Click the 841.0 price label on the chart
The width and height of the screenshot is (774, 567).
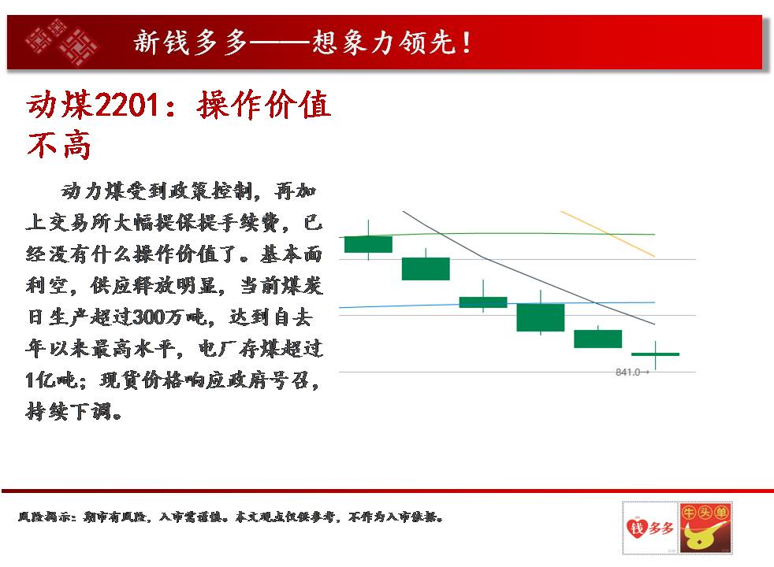pyautogui.click(x=627, y=372)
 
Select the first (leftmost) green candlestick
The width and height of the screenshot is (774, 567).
pyautogui.click(x=368, y=244)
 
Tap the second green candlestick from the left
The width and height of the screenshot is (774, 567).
pyautogui.click(x=426, y=269)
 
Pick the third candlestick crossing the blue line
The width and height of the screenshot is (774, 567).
pyautogui.click(x=483, y=302)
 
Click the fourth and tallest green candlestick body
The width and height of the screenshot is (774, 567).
pyautogui.click(x=541, y=317)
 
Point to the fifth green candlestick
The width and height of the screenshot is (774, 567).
pyautogui.click(x=597, y=339)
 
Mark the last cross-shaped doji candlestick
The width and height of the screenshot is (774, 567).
pyautogui.click(x=656, y=354)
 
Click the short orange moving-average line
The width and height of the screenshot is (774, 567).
pyautogui.click(x=608, y=234)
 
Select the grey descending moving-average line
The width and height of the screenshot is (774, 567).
pyautogui.click(x=529, y=268)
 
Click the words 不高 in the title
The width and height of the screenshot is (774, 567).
pyautogui.click(x=59, y=145)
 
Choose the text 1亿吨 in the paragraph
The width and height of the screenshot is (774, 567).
pyautogui.click(x=51, y=380)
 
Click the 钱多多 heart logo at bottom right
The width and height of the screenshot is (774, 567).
pyautogui.click(x=650, y=528)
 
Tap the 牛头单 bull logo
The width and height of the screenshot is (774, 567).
pyautogui.click(x=705, y=528)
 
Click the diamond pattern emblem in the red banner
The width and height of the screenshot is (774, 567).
pyautogui.click(x=62, y=42)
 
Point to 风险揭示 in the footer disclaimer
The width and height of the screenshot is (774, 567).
pyautogui.click(x=46, y=517)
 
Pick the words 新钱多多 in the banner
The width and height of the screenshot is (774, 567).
pyautogui.click(x=191, y=43)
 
